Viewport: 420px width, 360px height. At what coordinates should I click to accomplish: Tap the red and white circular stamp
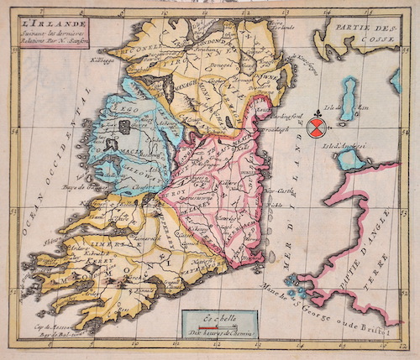click(x=317, y=127)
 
